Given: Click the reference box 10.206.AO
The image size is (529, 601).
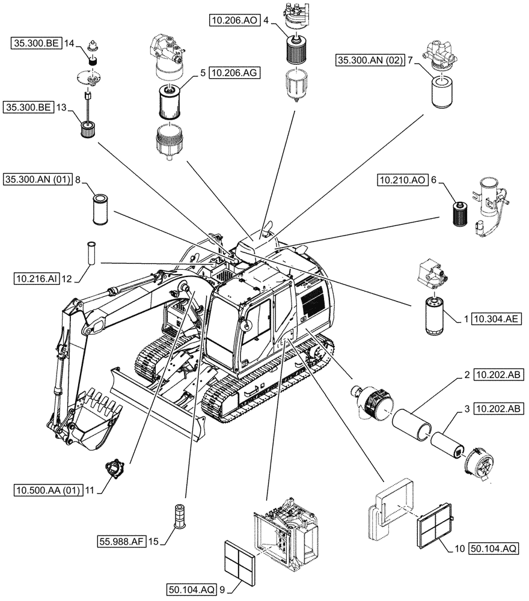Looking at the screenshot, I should pos(234,20).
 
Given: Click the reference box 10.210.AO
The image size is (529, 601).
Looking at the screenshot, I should pos(402,179).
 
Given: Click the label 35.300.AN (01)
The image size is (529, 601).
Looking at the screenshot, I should pos(38,179).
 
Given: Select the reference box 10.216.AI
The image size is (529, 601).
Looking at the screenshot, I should pos(35,278).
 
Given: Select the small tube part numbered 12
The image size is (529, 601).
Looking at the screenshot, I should pos(91,254).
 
